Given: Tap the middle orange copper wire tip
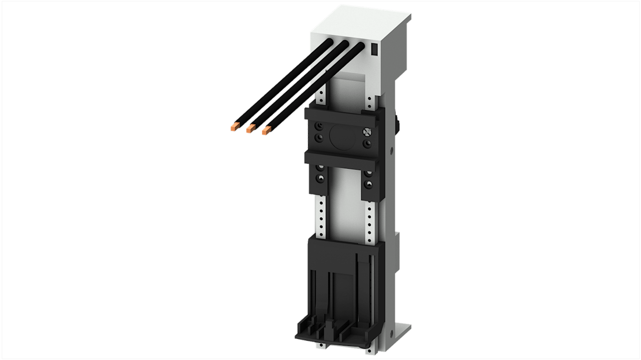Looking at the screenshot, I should pyautogui.click(x=250, y=129).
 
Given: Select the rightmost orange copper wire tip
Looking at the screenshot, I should pyautogui.click(x=265, y=131).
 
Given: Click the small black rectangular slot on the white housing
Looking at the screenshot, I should pyautogui.click(x=374, y=49).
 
